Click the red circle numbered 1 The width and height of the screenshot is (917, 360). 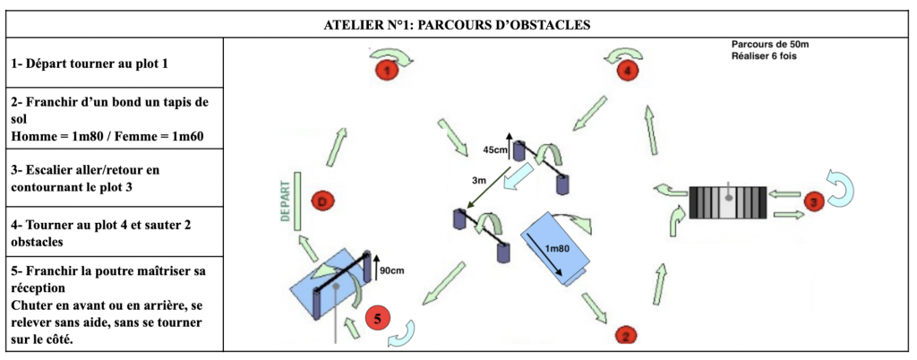pos(386,68)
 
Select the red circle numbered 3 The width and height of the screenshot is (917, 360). pos(813,201)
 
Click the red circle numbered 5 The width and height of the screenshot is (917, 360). pos(378,318)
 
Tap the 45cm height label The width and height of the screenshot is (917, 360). pos(495,149)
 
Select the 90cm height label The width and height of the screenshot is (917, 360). pos(394,269)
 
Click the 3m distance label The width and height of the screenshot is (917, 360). pos(480,181)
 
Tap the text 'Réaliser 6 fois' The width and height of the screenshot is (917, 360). pos(764,56)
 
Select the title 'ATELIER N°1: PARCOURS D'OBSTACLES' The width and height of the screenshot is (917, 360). pos(458,25)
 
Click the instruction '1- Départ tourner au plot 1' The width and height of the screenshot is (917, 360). pos(90,64)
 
